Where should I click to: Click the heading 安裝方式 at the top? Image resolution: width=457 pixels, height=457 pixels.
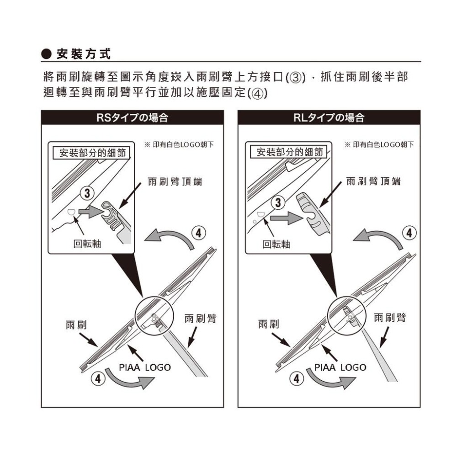[83, 54]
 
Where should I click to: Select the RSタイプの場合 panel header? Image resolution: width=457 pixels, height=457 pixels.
[133, 118]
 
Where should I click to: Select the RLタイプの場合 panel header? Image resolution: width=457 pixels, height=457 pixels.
[329, 118]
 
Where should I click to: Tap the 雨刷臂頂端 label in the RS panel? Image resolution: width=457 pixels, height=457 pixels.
[175, 182]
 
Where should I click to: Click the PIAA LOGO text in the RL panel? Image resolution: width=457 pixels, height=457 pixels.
[340, 367]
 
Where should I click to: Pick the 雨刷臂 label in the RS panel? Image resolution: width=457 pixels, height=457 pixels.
[200, 318]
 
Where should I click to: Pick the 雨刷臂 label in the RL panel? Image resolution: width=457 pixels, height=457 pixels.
[390, 317]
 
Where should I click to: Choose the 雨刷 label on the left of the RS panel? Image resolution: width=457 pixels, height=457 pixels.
[76, 324]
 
